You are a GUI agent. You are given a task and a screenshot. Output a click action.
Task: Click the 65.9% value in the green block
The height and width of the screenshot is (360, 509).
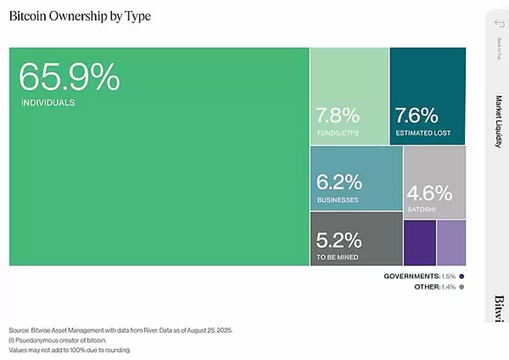pyautogui.click(x=69, y=77)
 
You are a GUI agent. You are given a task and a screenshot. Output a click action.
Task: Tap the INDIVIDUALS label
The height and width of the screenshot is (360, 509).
pyautogui.click(x=48, y=103)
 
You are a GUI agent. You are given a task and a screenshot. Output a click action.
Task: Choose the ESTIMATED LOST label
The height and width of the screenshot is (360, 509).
pyautogui.click(x=423, y=133)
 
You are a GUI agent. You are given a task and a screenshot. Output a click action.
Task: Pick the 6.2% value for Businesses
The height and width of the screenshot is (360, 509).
pyautogui.click(x=339, y=183)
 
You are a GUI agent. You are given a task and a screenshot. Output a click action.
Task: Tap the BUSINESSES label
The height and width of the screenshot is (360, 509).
pyautogui.click(x=338, y=200)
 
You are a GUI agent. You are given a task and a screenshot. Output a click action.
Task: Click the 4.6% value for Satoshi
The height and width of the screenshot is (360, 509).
pyautogui.click(x=429, y=193)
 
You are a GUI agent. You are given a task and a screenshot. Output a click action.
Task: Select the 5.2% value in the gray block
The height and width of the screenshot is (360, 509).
pyautogui.click(x=339, y=240)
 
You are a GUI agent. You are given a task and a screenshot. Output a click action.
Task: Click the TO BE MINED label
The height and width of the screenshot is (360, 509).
pyautogui.click(x=338, y=257)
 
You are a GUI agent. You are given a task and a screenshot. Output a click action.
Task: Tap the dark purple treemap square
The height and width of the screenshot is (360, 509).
pyautogui.click(x=419, y=242)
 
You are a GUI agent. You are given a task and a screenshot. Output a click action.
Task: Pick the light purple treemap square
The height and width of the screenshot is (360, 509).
pyautogui.click(x=451, y=242)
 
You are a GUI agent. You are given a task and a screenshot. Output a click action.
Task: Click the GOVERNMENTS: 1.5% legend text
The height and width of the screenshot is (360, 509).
pyautogui.click(x=419, y=276)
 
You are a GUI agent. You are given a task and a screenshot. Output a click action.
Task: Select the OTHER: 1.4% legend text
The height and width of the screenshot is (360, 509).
pyautogui.click(x=434, y=287)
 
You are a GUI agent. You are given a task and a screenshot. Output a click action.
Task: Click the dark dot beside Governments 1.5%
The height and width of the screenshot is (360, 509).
pyautogui.click(x=461, y=276)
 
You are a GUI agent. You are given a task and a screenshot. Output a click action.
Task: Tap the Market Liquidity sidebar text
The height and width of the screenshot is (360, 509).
pyautogui.click(x=498, y=122)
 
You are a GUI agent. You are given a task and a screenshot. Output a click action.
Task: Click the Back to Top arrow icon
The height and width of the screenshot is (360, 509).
pyautogui.click(x=498, y=24)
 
